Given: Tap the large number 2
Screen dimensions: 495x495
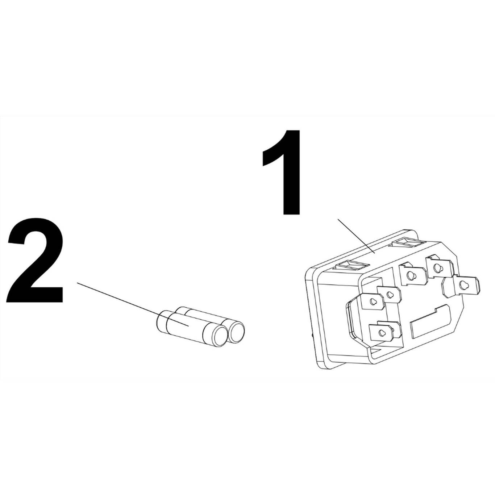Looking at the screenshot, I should coord(35,261).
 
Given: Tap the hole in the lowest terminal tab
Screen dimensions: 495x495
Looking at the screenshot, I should coord(381,332).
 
